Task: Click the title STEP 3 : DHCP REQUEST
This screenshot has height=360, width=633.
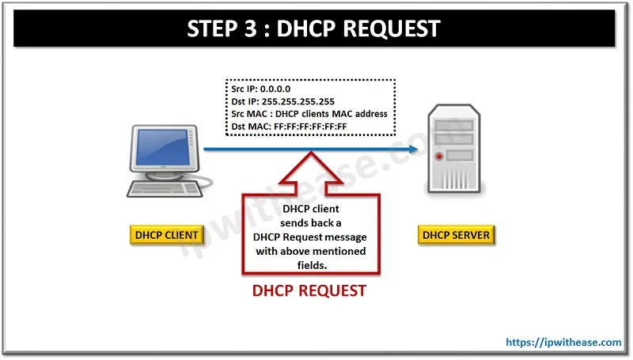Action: coord(313,28)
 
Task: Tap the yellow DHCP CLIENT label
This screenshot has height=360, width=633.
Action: coord(166,235)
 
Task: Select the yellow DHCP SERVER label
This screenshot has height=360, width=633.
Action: coord(456,235)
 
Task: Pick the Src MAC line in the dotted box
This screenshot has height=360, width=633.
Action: coord(309,114)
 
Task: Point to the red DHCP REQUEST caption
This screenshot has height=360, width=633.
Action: coord(309,291)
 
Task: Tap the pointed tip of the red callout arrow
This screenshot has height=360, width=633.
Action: coord(309,156)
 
